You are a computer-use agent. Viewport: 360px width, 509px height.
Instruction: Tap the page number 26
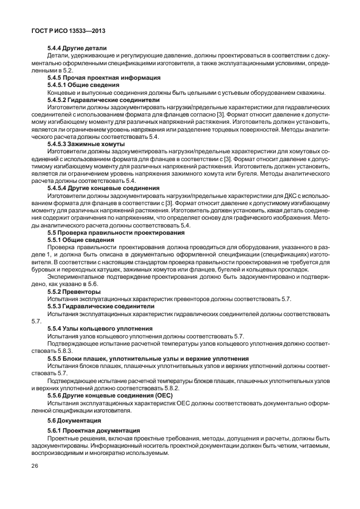[36, 466]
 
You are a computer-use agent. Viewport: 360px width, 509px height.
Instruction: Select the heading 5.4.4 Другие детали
[77, 49]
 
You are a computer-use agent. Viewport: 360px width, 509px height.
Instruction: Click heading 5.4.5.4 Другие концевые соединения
[103, 188]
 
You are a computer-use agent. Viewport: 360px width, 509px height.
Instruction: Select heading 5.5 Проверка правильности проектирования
[110, 232]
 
